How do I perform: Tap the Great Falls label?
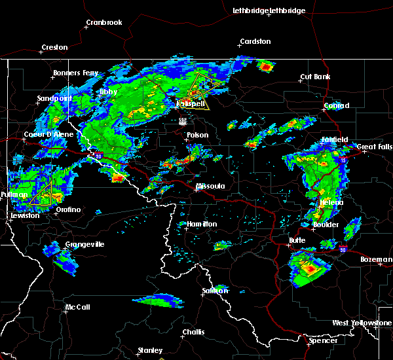click(x=376, y=147)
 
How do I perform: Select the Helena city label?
click(x=331, y=203)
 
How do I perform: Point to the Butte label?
click(x=297, y=240)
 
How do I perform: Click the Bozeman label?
click(x=376, y=260)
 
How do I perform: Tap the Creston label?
click(x=54, y=47)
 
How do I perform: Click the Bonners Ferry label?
click(x=76, y=73)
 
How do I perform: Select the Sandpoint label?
click(x=54, y=98)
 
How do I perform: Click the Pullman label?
click(x=14, y=195)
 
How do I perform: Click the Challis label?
click(x=193, y=332)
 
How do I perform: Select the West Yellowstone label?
click(x=362, y=323)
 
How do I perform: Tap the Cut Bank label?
click(x=314, y=77)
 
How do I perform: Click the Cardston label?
click(x=255, y=41)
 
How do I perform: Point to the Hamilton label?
click(x=202, y=224)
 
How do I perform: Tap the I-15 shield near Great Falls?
click(x=344, y=158)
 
